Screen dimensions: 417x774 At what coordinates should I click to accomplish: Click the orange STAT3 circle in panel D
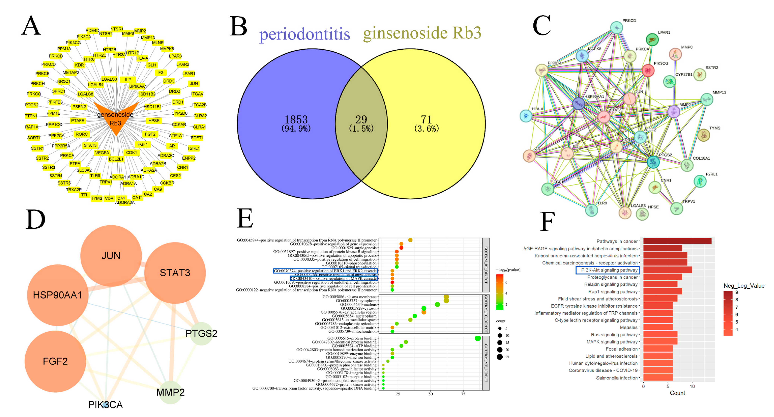pyautogui.click(x=175, y=273)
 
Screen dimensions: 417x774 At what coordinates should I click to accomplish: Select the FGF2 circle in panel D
pyautogui.click(x=55, y=361)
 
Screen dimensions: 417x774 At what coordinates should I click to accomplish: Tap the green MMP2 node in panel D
pyautogui.click(x=170, y=392)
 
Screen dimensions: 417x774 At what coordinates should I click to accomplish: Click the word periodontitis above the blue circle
pyautogui.click(x=304, y=34)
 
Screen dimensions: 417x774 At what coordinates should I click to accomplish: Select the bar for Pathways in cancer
pyautogui.click(x=677, y=241)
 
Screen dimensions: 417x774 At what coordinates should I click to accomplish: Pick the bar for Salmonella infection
pyautogui.click(x=658, y=378)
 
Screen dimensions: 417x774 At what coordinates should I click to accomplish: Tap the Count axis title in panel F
pyautogui.click(x=677, y=393)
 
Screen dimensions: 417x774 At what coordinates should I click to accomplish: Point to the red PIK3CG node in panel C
pyautogui.click(x=648, y=71)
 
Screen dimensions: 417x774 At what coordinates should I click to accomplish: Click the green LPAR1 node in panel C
pyautogui.click(x=652, y=39)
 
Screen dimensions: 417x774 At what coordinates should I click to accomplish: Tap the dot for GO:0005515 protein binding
pyautogui.click(x=477, y=338)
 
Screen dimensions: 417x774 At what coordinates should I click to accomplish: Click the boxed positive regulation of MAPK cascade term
pyautogui.click(x=334, y=278)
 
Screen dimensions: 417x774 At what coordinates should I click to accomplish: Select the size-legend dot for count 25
pyautogui.click(x=500, y=357)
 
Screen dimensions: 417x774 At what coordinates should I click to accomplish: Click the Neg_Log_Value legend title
pyautogui.click(x=744, y=286)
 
